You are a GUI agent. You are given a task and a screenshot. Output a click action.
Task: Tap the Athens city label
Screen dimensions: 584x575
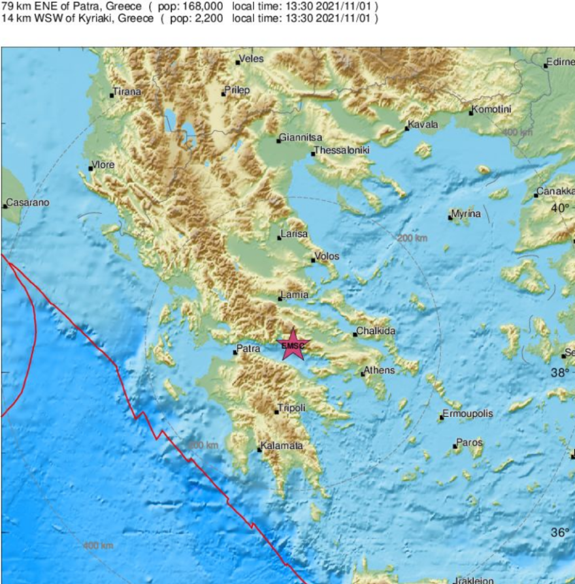[x=379, y=371]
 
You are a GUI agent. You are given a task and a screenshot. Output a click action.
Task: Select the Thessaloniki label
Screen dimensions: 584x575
[x=342, y=150]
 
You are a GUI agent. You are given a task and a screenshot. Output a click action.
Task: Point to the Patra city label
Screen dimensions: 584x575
[x=248, y=349]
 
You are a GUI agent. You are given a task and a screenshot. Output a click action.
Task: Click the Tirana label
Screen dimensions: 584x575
[x=127, y=92]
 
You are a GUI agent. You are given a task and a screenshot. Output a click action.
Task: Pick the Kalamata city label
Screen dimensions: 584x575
[x=282, y=446]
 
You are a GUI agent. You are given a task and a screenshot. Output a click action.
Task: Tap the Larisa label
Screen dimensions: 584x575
[x=293, y=234]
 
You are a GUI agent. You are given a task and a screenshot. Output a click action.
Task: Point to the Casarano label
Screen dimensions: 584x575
[x=27, y=203]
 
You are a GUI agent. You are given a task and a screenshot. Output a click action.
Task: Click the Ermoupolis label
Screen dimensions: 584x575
[x=468, y=414]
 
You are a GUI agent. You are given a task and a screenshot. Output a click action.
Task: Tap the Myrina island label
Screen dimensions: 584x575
[x=466, y=214]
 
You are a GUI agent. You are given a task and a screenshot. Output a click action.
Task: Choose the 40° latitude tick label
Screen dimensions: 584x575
[x=559, y=208]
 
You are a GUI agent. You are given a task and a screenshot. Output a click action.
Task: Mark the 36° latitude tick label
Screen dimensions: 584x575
[x=559, y=533]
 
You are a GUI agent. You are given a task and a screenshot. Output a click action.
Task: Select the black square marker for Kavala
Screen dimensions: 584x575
[x=406, y=129]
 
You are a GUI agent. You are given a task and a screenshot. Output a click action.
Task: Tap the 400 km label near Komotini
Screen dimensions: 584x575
[x=517, y=132]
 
